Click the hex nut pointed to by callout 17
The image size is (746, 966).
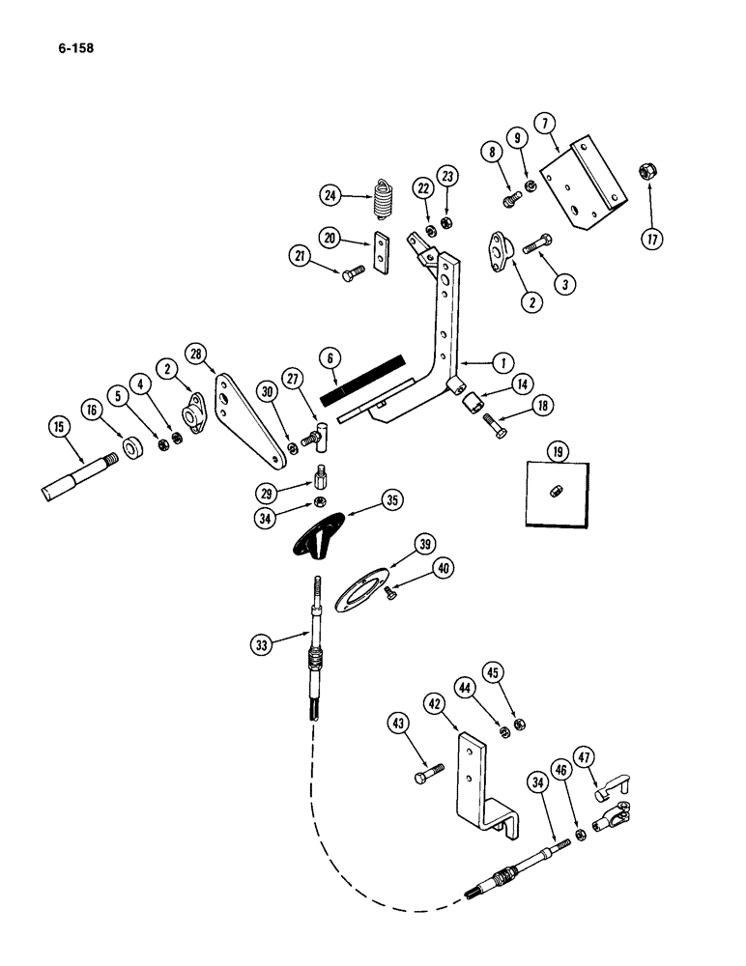tap(647, 172)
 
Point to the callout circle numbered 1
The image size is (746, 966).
tap(502, 363)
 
